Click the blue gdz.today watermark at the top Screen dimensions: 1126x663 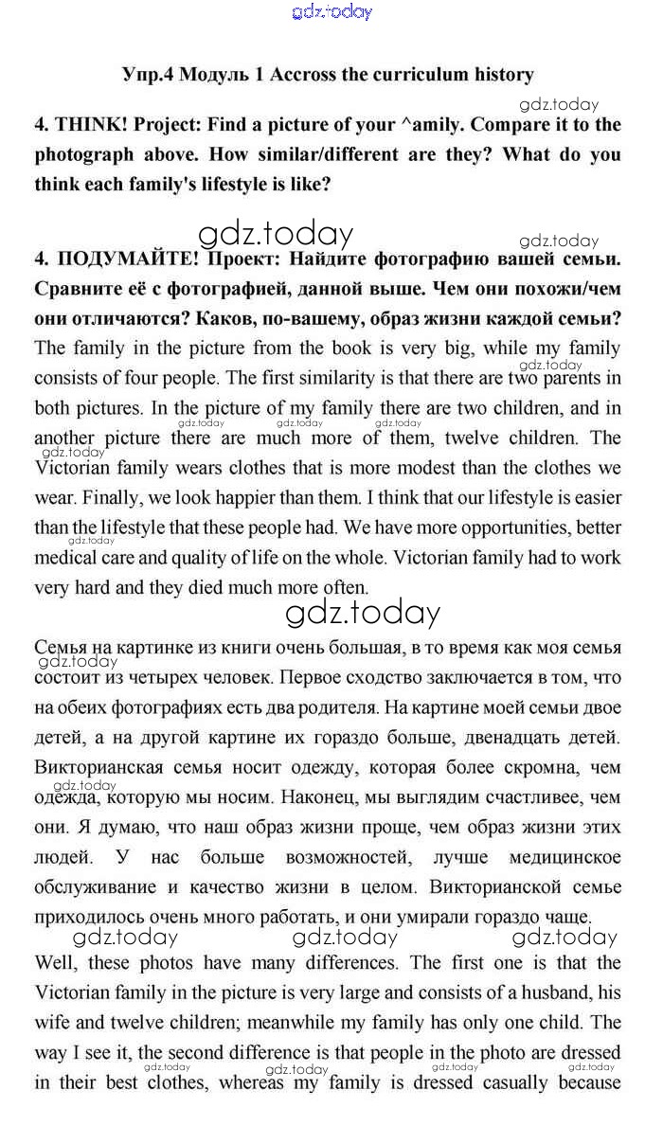click(332, 11)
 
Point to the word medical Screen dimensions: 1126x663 click(65, 558)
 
